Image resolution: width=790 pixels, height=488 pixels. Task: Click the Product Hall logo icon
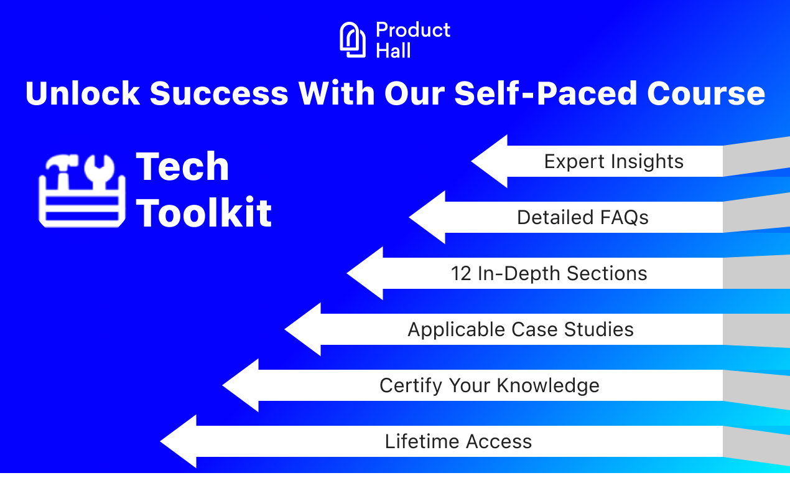353,40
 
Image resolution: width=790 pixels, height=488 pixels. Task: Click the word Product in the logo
413,30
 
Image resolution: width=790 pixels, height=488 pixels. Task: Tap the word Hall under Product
393,50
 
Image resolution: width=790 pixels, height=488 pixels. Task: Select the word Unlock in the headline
82,93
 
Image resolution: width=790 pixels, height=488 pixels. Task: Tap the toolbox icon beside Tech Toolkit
81,190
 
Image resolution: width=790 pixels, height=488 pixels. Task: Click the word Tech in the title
182,167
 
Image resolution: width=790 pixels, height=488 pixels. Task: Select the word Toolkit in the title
204,213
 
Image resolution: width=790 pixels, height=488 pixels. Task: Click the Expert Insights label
613,161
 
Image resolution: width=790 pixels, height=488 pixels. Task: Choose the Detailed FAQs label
582,217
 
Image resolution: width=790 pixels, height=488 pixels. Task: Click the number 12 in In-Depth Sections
461,273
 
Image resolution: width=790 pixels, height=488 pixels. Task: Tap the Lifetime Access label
458,441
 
